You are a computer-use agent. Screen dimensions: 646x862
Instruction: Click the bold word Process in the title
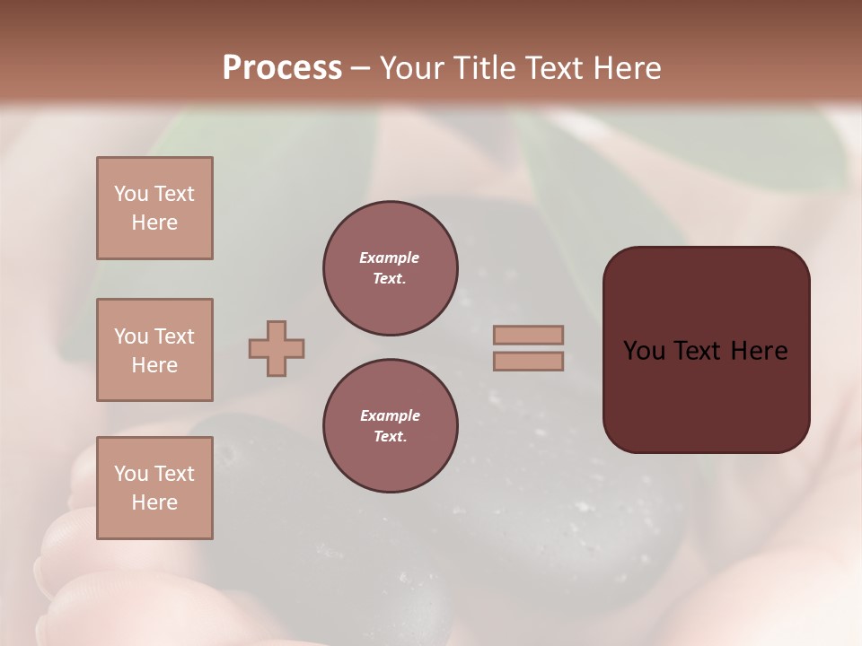point(282,67)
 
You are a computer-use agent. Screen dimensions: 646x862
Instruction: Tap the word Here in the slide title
point(626,67)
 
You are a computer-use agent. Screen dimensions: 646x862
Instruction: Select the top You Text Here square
point(154,208)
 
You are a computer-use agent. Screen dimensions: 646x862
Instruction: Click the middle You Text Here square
point(154,350)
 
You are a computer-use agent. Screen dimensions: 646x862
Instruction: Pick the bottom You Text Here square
point(154,488)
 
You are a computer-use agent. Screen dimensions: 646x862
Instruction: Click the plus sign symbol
point(277,348)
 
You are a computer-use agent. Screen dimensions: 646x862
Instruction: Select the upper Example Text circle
point(390,267)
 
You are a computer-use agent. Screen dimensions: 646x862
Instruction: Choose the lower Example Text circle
point(390,425)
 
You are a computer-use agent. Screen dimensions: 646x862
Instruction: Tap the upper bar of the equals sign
point(529,335)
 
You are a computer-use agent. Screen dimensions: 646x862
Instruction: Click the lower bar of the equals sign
point(529,361)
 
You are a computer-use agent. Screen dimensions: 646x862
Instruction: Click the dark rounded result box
point(706,395)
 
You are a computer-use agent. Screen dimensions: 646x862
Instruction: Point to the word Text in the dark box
point(698,351)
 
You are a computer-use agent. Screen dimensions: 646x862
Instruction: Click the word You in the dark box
point(643,351)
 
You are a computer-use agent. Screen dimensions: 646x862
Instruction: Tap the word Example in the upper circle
point(390,258)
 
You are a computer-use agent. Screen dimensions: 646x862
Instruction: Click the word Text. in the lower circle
point(390,436)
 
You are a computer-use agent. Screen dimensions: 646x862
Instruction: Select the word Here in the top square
point(154,223)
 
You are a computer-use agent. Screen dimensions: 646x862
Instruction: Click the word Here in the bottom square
point(154,502)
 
